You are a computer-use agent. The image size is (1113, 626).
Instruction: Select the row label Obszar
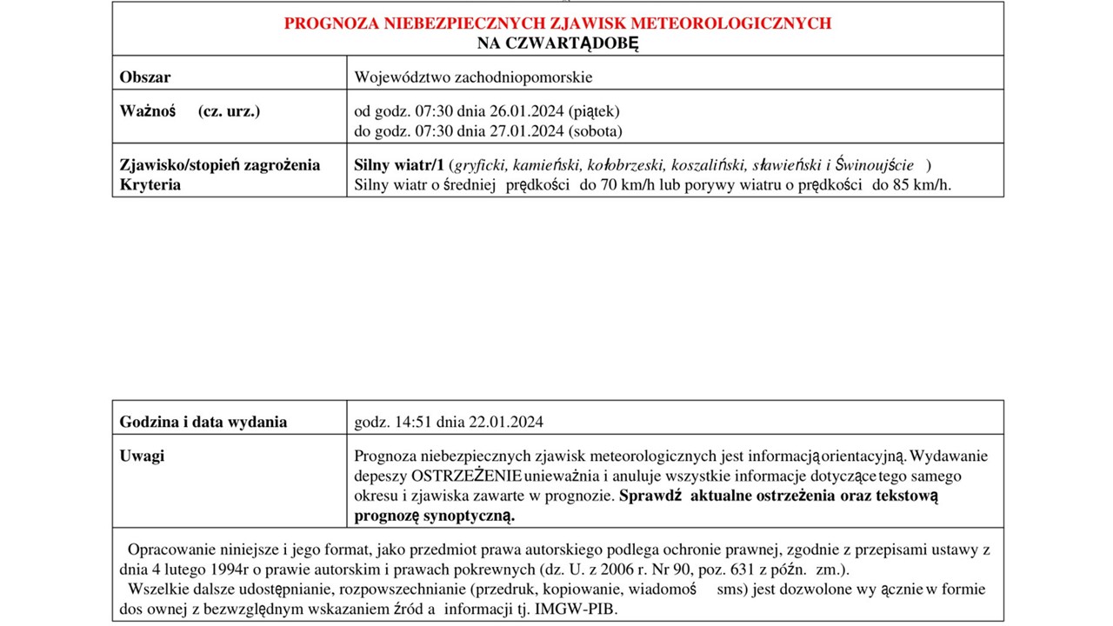(x=144, y=77)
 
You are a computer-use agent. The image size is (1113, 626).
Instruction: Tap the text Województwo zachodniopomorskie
(x=473, y=77)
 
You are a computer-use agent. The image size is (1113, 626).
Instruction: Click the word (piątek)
(x=594, y=111)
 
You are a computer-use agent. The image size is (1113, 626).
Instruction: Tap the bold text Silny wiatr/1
(x=398, y=165)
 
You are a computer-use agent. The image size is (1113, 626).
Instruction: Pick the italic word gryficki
(x=481, y=165)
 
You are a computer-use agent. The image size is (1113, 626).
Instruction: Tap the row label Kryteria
(x=150, y=184)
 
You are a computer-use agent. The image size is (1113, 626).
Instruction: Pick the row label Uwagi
(x=142, y=456)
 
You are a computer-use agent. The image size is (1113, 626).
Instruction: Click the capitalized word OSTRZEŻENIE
(x=466, y=476)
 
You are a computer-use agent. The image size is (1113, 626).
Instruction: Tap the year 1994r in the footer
(x=224, y=570)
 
